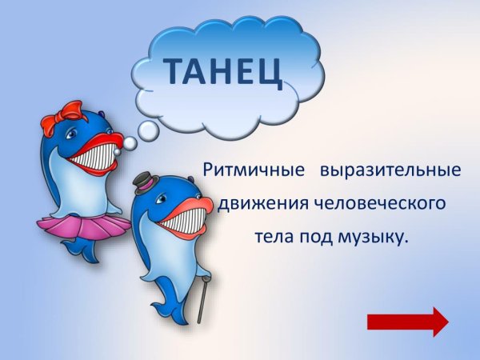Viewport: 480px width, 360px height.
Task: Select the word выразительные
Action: [x=390, y=171]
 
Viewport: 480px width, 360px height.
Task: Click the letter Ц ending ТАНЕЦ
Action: [x=270, y=74]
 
